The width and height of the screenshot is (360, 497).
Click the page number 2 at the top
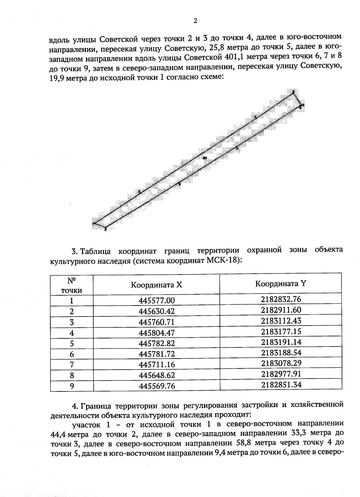tap(196, 21)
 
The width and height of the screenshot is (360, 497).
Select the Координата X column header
tap(156, 285)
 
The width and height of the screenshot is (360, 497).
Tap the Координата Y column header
tap(280, 284)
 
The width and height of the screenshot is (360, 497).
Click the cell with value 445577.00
tap(156, 301)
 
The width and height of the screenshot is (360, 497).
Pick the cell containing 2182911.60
tap(281, 310)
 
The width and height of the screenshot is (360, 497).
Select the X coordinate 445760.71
tap(156, 322)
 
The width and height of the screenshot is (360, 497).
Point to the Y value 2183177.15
tap(281, 332)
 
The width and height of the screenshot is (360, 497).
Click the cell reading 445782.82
tap(156, 343)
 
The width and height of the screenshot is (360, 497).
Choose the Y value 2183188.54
tap(281, 353)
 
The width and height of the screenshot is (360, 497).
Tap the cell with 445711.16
tap(156, 365)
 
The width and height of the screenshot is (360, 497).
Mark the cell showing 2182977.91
tap(281, 374)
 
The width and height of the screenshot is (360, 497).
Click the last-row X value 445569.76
tap(156, 386)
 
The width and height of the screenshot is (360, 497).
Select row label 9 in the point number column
tap(72, 386)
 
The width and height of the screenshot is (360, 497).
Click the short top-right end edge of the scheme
tap(297, 99)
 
